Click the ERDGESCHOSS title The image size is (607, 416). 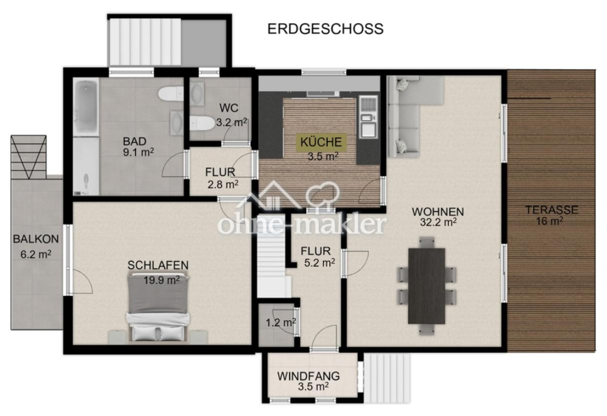click(x=325, y=29)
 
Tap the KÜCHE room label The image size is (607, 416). click(x=322, y=142)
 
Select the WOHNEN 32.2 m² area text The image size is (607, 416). click(x=434, y=217)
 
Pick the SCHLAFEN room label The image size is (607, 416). click(x=158, y=265)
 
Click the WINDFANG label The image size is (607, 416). click(x=308, y=375)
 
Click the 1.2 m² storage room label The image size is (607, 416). click(x=280, y=323)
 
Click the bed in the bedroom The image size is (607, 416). click(x=158, y=308)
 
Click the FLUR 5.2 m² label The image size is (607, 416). click(x=315, y=256)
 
